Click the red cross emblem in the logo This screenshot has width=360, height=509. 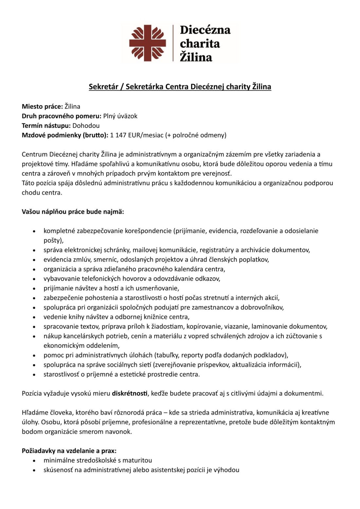[147, 43]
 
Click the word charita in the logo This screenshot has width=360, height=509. [200, 44]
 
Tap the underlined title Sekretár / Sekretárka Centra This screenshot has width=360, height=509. [180, 87]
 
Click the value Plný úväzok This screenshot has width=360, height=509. [120, 116]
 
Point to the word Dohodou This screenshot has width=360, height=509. [86, 125]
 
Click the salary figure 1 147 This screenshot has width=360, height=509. [118, 135]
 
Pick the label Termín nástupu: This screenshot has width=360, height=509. [46, 125]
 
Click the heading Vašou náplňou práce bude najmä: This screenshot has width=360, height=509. [73, 212]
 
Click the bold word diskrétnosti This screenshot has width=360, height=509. [130, 393]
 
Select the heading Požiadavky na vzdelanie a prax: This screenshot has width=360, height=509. [69, 451]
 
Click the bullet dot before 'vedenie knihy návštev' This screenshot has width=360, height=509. [34, 317]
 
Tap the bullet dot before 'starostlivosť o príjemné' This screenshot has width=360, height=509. [34, 375]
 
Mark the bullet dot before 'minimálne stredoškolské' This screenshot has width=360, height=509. [34, 461]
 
